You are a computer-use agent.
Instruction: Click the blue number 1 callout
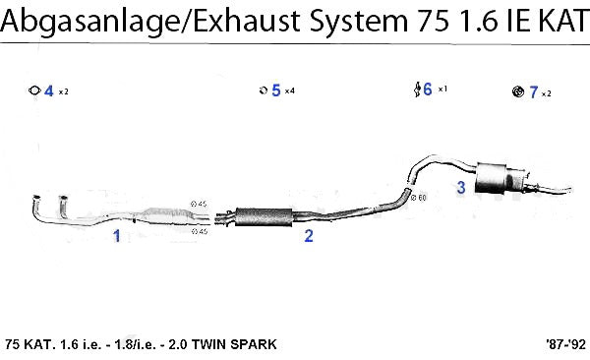pyautogui.click(x=117, y=236)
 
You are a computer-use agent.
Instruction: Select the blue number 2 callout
pyautogui.click(x=309, y=236)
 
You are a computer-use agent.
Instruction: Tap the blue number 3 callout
pyautogui.click(x=461, y=187)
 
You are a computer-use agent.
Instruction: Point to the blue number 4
pyautogui.click(x=49, y=91)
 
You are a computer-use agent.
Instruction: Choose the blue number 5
pyautogui.click(x=276, y=90)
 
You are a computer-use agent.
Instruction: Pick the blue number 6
pyautogui.click(x=428, y=90)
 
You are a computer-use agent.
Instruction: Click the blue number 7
pyautogui.click(x=534, y=92)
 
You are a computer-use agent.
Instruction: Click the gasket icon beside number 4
pyautogui.click(x=34, y=90)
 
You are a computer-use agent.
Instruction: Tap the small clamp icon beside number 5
pyautogui.click(x=264, y=90)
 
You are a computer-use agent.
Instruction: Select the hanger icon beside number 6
pyautogui.click(x=417, y=90)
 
